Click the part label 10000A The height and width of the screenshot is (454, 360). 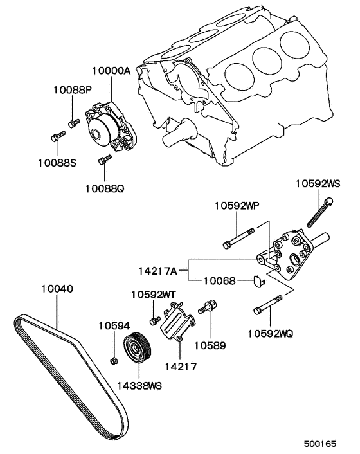(x=111, y=72)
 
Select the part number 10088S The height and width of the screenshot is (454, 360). (x=56, y=163)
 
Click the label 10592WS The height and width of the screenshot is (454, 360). (x=318, y=183)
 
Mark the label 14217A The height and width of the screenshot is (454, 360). (x=159, y=271)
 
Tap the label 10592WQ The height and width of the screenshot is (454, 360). (x=271, y=333)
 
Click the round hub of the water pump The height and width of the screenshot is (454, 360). (x=100, y=133)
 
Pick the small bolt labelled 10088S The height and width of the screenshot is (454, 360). (x=57, y=136)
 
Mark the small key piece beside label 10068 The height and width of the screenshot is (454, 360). (x=255, y=280)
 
